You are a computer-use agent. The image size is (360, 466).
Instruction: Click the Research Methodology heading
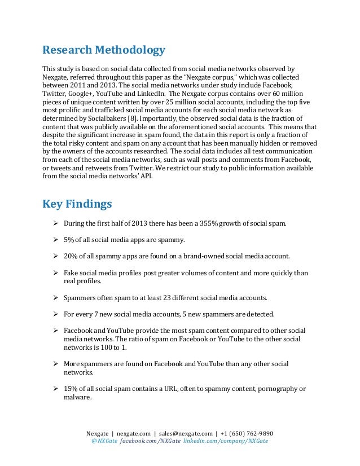104,51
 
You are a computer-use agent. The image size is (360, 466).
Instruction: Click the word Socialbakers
100,120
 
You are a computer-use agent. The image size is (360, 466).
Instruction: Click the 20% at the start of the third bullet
71,256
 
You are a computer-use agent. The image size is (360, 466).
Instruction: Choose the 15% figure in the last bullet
71,389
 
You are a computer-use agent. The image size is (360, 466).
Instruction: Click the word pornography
274,389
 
